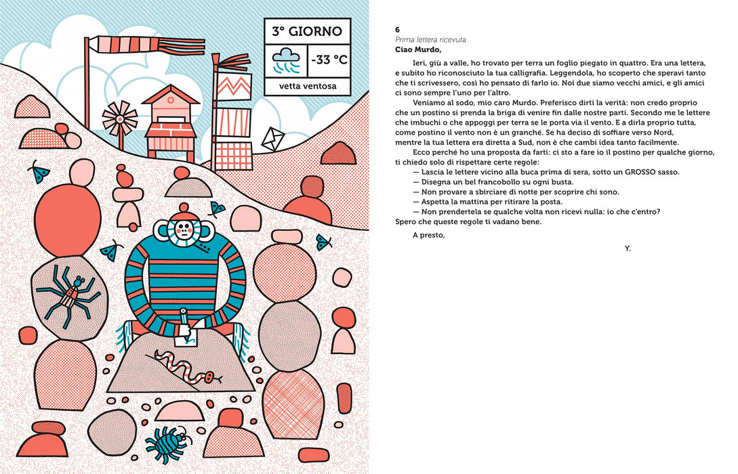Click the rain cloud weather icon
point(286,60)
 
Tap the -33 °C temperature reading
point(329,60)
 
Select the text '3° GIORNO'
point(307,32)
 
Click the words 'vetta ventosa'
point(308,86)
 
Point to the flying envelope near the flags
point(273,139)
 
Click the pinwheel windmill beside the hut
point(120,118)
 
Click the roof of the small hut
point(171,94)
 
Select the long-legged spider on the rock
point(69,295)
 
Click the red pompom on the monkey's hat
point(184,207)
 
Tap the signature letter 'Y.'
point(628,249)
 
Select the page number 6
point(398,30)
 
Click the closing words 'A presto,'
point(429,235)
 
